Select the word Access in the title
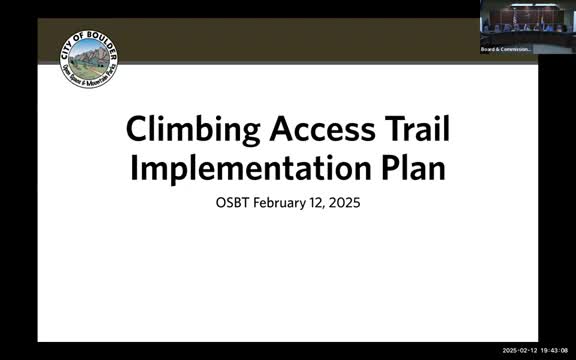[x=312, y=129]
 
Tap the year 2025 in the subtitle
[x=345, y=203]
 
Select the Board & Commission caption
[x=505, y=49]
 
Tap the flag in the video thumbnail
[x=514, y=17]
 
